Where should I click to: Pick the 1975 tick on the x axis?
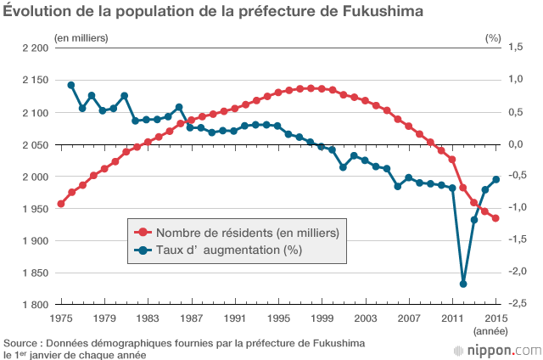(x=60, y=318)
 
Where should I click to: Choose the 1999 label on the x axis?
(x=322, y=318)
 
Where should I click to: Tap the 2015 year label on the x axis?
(x=495, y=318)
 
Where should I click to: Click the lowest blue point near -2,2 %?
(x=463, y=284)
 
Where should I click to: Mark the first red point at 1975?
(x=60, y=204)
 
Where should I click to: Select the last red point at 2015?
(x=495, y=218)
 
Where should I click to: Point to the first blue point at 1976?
(x=71, y=85)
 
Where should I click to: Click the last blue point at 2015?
(x=495, y=179)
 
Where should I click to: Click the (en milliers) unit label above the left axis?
(x=81, y=37)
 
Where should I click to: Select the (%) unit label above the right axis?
(x=493, y=37)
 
